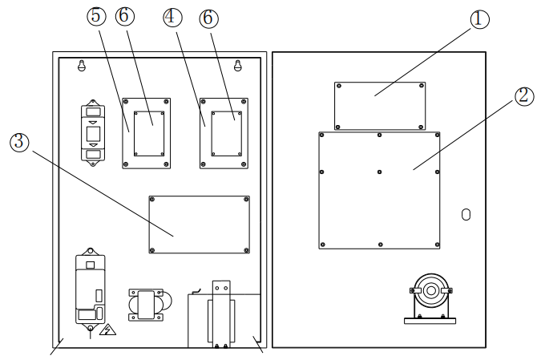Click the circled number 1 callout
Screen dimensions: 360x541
coord(479,20)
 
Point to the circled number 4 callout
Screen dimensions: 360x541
coord(172,17)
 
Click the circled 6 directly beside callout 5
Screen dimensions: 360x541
coord(126,17)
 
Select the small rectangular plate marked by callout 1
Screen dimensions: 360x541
coord(380,105)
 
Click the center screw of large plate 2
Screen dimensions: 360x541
coord(379,171)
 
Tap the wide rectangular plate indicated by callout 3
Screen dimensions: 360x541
coord(200,224)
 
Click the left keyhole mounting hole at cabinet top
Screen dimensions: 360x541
coord(81,67)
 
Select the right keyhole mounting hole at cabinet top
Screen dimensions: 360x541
coord(238,67)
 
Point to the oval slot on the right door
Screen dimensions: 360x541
coord(466,214)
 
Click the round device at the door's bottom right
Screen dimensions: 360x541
coord(430,293)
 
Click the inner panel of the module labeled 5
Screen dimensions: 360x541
coord(148,134)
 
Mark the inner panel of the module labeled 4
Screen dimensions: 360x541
coord(225,134)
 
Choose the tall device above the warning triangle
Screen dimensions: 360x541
coord(91,289)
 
